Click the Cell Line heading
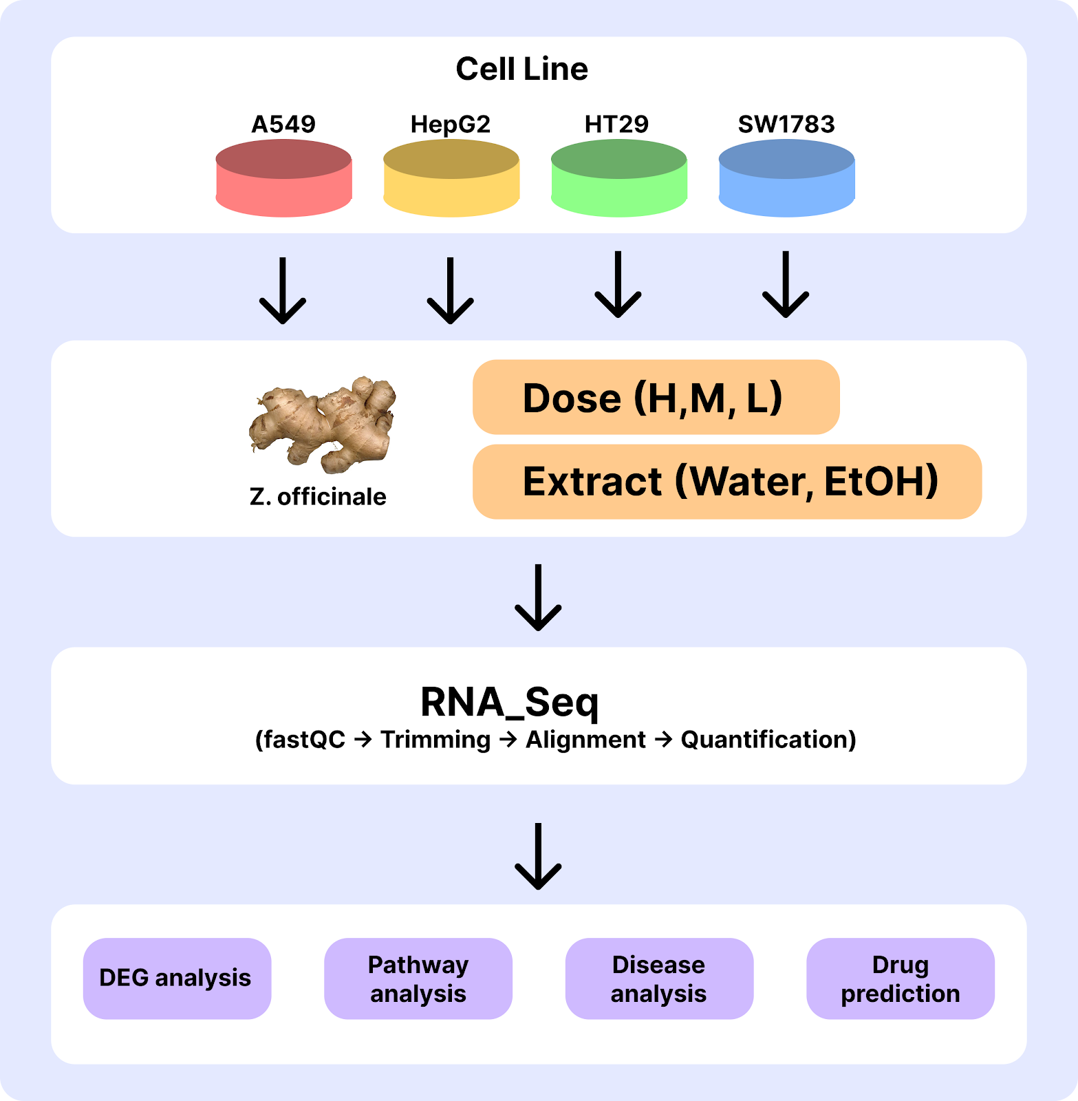point(521,69)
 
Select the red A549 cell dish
point(283,178)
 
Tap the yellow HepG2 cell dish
point(451,178)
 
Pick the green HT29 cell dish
point(618,178)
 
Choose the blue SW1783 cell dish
point(786,178)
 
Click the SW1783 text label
point(786,125)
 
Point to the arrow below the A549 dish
point(283,290)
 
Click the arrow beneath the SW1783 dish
point(786,285)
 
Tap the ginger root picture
point(323,423)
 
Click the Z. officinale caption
point(318,496)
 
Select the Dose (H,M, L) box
point(656,397)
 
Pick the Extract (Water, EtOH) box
point(726,481)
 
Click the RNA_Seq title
point(509,703)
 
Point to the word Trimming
point(435,740)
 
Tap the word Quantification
point(768,740)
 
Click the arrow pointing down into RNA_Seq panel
point(538,598)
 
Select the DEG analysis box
point(177,978)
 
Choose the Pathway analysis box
point(418,978)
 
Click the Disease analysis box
point(659,978)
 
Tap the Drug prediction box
point(900,978)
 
